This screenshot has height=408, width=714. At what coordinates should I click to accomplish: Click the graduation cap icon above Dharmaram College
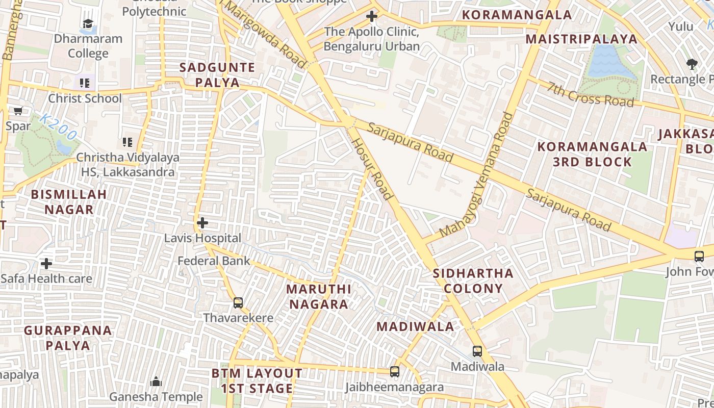(x=88, y=24)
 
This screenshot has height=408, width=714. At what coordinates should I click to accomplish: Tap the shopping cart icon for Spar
(x=18, y=111)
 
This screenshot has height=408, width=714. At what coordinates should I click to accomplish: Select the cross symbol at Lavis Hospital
(x=202, y=223)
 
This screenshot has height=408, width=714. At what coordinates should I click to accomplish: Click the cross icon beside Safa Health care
(x=46, y=264)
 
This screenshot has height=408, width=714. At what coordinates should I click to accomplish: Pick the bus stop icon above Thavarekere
(x=238, y=303)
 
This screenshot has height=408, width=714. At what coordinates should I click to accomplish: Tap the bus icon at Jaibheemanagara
(x=395, y=372)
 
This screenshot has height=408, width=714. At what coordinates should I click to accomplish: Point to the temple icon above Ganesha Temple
(x=156, y=381)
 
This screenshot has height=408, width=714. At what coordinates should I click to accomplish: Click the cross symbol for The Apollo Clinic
(x=372, y=17)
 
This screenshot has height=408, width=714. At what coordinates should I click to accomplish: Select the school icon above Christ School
(x=85, y=83)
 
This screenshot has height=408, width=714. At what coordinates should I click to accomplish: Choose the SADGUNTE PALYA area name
(x=217, y=75)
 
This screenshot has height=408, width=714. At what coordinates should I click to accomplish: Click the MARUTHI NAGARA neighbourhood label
(x=318, y=297)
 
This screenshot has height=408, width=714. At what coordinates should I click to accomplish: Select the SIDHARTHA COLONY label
(x=473, y=280)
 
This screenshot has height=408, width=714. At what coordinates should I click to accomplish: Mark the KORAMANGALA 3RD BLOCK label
(x=592, y=154)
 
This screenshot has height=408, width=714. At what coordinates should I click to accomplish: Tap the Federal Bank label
(x=214, y=261)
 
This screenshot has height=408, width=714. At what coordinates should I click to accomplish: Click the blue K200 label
(x=58, y=127)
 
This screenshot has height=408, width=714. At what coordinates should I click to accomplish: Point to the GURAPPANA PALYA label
(x=68, y=338)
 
